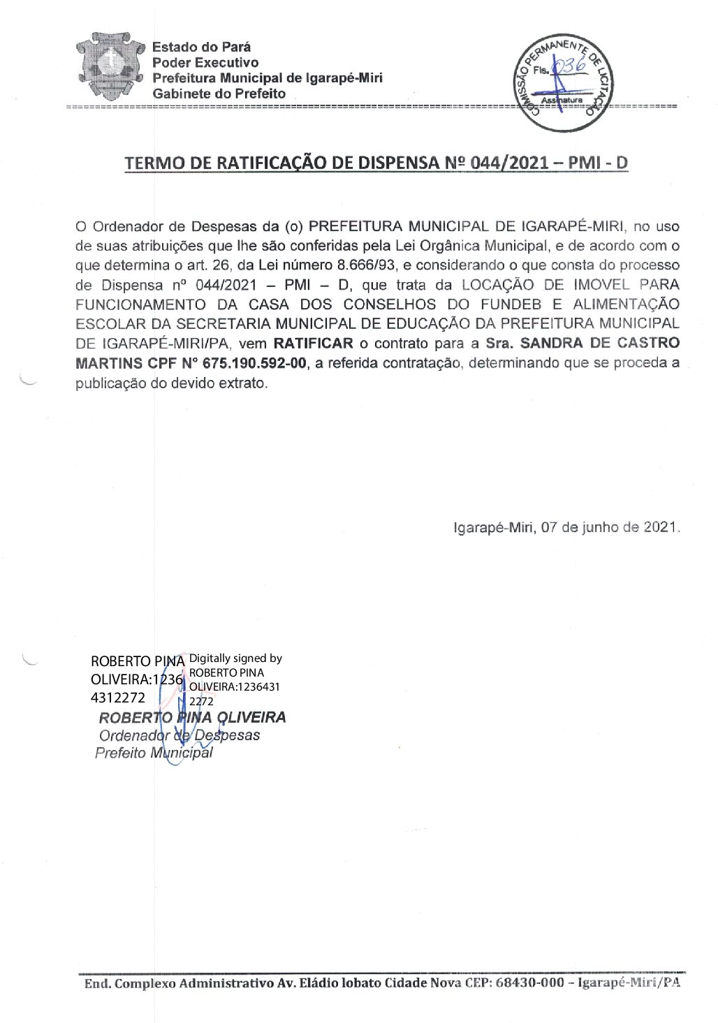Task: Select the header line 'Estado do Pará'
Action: point(201,47)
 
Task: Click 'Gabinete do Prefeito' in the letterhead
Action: point(219,94)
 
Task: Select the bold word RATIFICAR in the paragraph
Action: point(313,344)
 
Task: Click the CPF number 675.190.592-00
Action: point(254,363)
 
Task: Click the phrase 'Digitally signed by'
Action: point(235,658)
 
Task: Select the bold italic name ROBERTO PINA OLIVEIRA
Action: point(192,717)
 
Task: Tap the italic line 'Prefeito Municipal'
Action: point(154,753)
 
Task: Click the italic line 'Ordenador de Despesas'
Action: point(179,735)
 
